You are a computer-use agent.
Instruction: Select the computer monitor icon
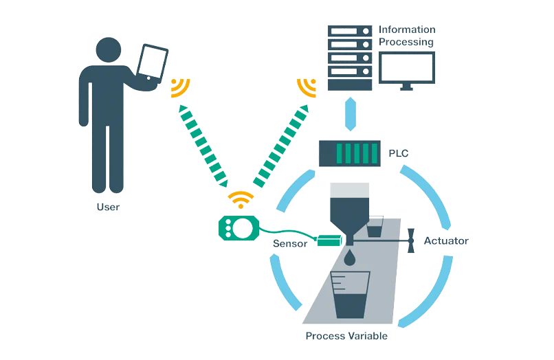[x=407, y=71]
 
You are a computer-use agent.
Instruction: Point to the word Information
[x=407, y=30]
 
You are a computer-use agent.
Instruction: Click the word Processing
[x=407, y=42]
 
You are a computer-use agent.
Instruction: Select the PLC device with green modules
[x=348, y=152]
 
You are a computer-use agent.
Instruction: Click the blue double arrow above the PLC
[x=350, y=113]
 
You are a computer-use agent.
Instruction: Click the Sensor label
[x=289, y=244]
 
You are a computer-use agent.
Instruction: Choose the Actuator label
[x=445, y=241]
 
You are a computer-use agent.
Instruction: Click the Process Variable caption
[x=346, y=336]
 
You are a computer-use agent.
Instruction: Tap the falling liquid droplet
[x=351, y=258]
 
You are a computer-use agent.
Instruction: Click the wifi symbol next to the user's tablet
[x=180, y=87]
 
